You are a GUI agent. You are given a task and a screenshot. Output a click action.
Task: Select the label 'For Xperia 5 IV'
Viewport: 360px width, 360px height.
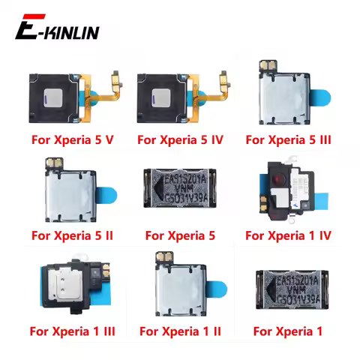pyautogui.click(x=180, y=139)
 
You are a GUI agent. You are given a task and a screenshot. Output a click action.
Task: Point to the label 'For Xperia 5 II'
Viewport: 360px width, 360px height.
pyautogui.click(x=70, y=235)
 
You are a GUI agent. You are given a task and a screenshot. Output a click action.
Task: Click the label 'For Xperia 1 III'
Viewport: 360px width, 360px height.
pyautogui.click(x=70, y=331)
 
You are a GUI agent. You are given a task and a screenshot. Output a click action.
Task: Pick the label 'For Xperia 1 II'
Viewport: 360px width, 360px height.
pyautogui.click(x=179, y=331)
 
